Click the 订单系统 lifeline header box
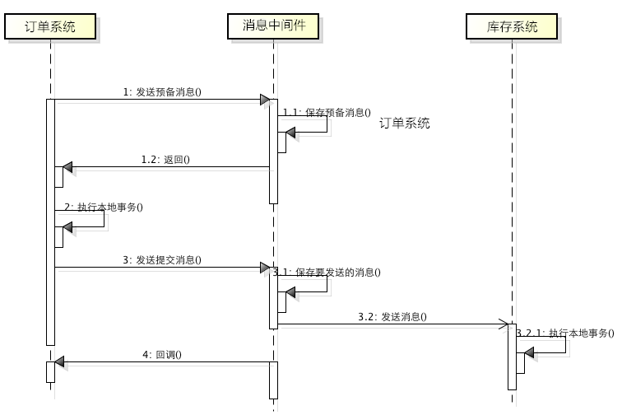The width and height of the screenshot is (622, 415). click(50, 26)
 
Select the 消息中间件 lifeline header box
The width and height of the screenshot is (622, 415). click(273, 26)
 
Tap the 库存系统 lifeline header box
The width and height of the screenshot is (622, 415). click(512, 26)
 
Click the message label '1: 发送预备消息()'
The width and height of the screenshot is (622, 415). click(162, 92)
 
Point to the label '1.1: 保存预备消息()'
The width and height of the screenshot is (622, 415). click(327, 112)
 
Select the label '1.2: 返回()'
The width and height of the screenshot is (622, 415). click(165, 160)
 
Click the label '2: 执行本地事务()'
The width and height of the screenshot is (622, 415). click(104, 207)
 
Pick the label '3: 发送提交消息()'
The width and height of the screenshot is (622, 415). click(162, 259)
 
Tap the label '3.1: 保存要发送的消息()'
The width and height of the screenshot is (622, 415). click(327, 272)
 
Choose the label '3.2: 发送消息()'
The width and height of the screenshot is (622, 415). click(392, 316)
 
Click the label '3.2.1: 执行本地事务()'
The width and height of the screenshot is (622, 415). click(566, 333)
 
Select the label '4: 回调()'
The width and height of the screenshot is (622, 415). click(162, 355)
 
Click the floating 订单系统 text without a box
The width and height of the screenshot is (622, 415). click(405, 124)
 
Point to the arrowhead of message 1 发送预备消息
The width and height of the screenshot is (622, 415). click(265, 100)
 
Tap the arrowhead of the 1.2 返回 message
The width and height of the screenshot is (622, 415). click(67, 167)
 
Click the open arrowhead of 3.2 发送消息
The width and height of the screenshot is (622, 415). click(503, 324)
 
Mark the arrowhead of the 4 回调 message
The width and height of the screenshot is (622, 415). click(59, 362)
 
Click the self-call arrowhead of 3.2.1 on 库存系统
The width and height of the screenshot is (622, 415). click(529, 352)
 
